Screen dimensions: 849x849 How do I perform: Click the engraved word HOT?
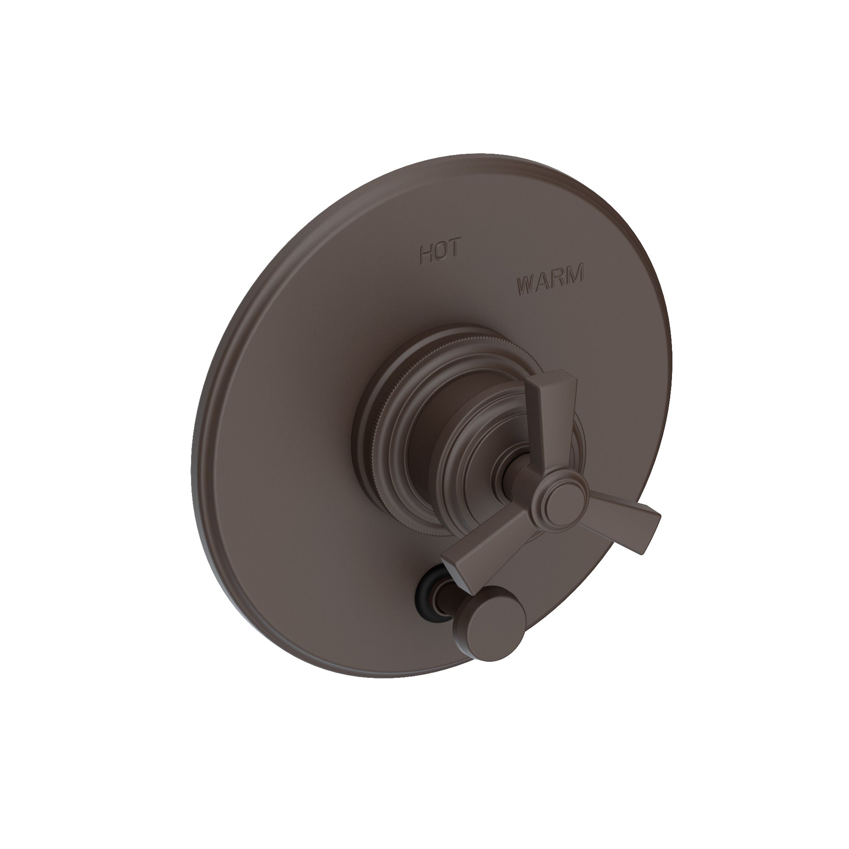(440, 252)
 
